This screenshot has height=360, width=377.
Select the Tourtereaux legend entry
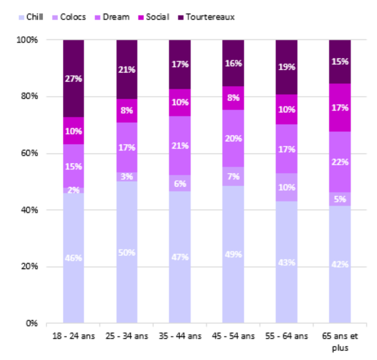click(x=206, y=17)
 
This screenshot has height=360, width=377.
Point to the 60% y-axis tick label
click(x=30, y=153)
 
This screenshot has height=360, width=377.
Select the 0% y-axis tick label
click(x=32, y=323)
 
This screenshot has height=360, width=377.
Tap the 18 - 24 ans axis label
click(x=74, y=336)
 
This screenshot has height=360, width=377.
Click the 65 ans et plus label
click(x=340, y=341)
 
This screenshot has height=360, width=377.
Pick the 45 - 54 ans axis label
click(x=233, y=336)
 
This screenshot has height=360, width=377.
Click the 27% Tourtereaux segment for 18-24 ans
click(x=74, y=78)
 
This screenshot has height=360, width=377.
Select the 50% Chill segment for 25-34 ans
click(x=127, y=252)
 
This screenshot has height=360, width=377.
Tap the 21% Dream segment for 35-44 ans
click(x=180, y=145)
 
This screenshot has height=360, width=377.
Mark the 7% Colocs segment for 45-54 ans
click(x=233, y=176)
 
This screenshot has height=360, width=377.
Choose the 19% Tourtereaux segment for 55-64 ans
click(x=286, y=67)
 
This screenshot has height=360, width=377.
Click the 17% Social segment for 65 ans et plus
click(x=340, y=108)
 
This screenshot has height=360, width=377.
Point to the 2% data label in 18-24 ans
click(x=74, y=190)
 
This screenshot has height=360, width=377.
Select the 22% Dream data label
click(x=340, y=162)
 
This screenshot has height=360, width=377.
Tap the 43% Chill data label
click(x=286, y=262)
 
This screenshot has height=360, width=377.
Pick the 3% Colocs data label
click(x=127, y=177)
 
